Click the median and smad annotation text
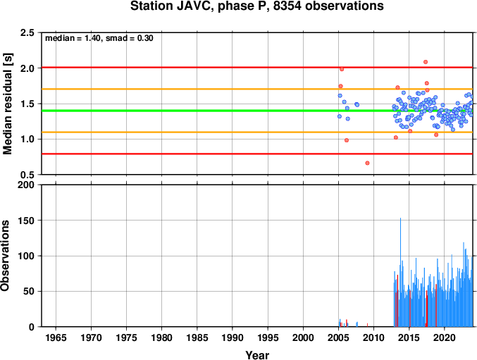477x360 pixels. (99, 38)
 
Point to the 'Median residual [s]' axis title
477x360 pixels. (7, 104)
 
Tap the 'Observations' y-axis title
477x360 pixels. (5, 256)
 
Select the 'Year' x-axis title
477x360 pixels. (257, 355)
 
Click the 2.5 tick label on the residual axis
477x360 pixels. (27, 32)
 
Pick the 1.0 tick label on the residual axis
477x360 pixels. (27, 139)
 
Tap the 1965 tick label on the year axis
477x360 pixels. (56, 337)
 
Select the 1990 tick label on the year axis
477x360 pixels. (233, 337)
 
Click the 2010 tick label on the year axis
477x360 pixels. (374, 337)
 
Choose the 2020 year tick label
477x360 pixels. (445, 337)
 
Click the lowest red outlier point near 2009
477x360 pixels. (367, 163)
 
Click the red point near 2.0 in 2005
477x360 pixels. (342, 69)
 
